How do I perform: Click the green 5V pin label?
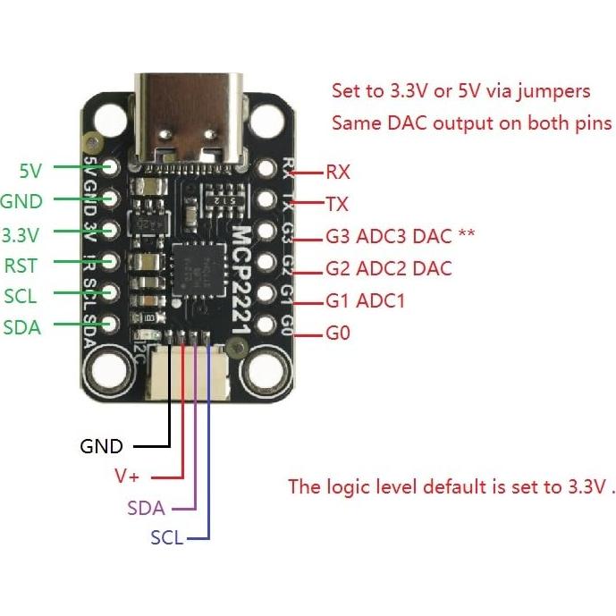coord(30,168)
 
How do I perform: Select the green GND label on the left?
coord(21,201)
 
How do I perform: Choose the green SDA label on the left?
coord(22,327)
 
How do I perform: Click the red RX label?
coord(338,172)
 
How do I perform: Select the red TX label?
coord(337,205)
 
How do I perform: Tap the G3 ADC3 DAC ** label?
coord(400,237)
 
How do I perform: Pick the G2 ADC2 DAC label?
coord(389,268)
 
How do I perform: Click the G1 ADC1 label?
coord(366,301)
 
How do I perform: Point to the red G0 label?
coord(338,334)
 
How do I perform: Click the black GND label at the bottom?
coord(101,446)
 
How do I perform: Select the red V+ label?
coord(126,476)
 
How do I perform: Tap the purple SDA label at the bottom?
coord(146,509)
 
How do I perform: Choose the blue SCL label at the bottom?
coord(166,538)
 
